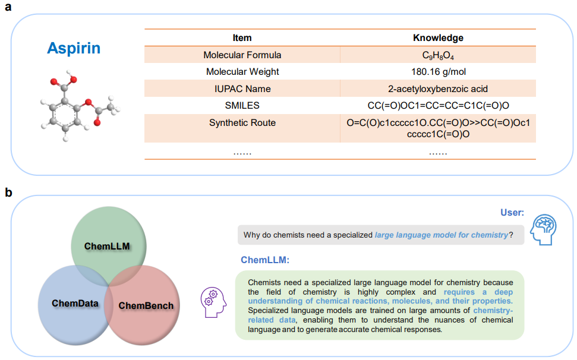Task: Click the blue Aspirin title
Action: click(74, 48)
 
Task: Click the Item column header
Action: click(242, 38)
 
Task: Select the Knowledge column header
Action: click(438, 38)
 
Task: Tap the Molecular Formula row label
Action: click(242, 55)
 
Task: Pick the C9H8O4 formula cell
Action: click(438, 55)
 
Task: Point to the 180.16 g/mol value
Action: click(438, 72)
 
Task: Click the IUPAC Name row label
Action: click(242, 89)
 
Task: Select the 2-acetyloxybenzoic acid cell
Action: click(438, 89)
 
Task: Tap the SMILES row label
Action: click(242, 106)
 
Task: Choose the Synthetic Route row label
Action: click(242, 123)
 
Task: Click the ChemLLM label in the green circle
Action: click(107, 246)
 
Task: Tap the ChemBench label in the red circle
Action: click(146, 306)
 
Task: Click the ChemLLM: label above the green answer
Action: click(264, 260)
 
